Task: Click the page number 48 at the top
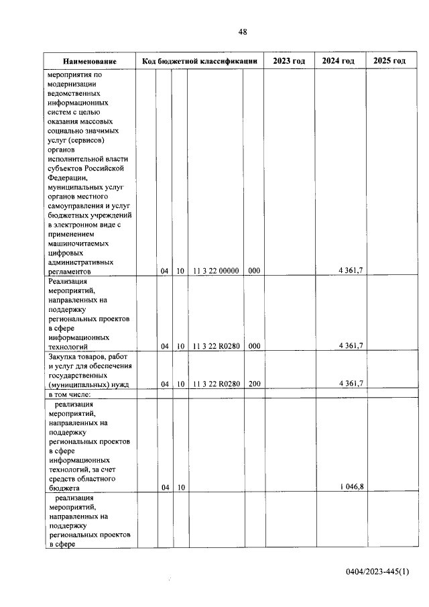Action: pyautogui.click(x=243, y=32)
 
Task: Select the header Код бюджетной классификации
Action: pyautogui.click(x=200, y=62)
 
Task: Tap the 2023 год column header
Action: pyautogui.click(x=289, y=61)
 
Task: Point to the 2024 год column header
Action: pyautogui.click(x=339, y=61)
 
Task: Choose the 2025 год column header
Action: pyautogui.click(x=389, y=61)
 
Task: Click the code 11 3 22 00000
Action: pyautogui.click(x=216, y=271)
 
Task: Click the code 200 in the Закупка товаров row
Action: pyautogui.click(x=253, y=384)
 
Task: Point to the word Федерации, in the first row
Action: pyautogui.click(x=68, y=177)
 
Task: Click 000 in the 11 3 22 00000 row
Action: pyautogui.click(x=253, y=271)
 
